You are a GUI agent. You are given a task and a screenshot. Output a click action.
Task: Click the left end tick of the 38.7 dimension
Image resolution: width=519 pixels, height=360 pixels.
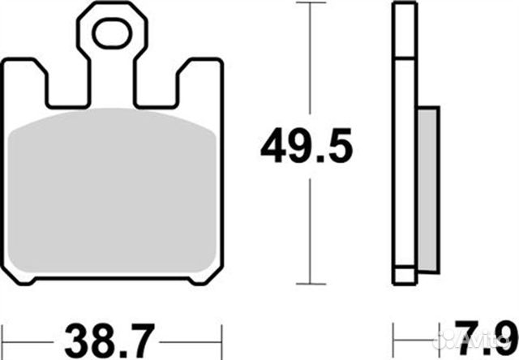point(4,333)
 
